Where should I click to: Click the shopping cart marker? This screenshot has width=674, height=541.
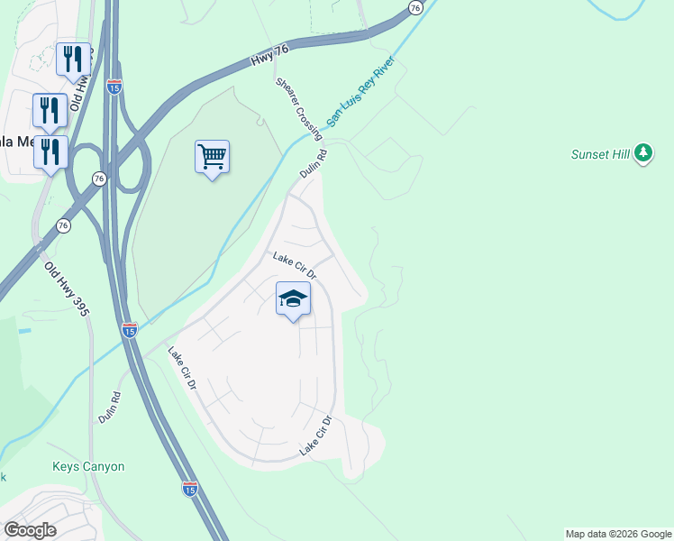212,158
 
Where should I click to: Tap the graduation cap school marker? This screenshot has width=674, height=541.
293,299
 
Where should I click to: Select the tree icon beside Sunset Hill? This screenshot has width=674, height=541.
642,154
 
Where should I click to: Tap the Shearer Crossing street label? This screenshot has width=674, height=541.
299,106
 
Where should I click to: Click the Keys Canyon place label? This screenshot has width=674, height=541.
88,467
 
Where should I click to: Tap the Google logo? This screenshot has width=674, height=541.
30,530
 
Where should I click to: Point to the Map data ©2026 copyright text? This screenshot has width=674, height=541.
617,534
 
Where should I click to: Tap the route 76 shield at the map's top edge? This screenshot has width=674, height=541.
414,7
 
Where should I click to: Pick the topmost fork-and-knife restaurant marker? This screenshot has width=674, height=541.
72,60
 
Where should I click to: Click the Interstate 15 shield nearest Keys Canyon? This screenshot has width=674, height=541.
189,489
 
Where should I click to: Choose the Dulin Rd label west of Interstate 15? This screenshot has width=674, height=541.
108,408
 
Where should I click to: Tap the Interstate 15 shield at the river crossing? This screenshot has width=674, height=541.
130,331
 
